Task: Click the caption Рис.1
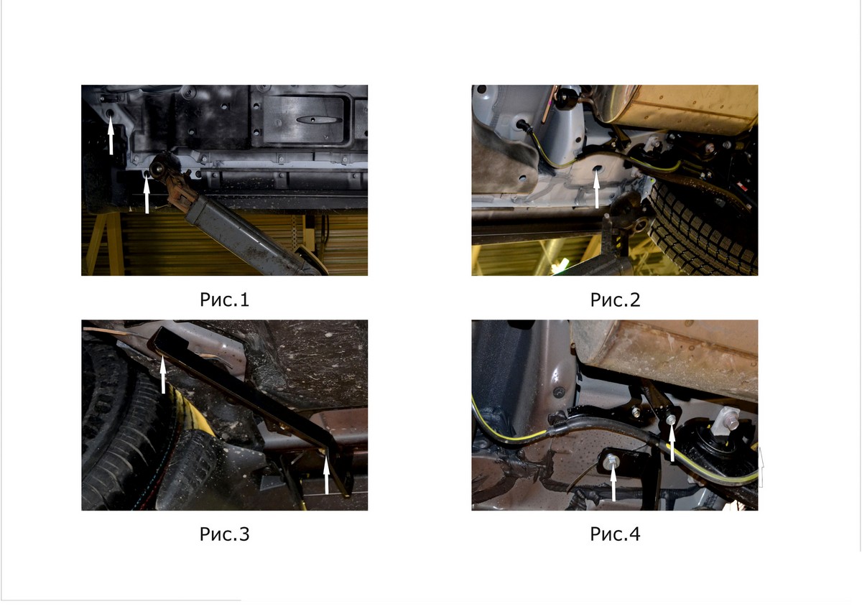pyautogui.click(x=224, y=299)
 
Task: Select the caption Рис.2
pyautogui.click(x=615, y=299)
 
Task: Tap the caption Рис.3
pyautogui.click(x=224, y=534)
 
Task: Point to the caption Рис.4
pyautogui.click(x=615, y=534)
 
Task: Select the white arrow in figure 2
pyautogui.click(x=597, y=190)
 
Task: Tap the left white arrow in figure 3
pyautogui.click(x=163, y=375)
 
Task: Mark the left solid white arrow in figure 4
pyautogui.click(x=613, y=483)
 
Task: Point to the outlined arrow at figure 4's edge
pyautogui.click(x=761, y=468)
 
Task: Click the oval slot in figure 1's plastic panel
pyautogui.click(x=319, y=120)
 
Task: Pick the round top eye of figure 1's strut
pyautogui.click(x=158, y=168)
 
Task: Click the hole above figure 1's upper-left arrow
pyautogui.click(x=111, y=113)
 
